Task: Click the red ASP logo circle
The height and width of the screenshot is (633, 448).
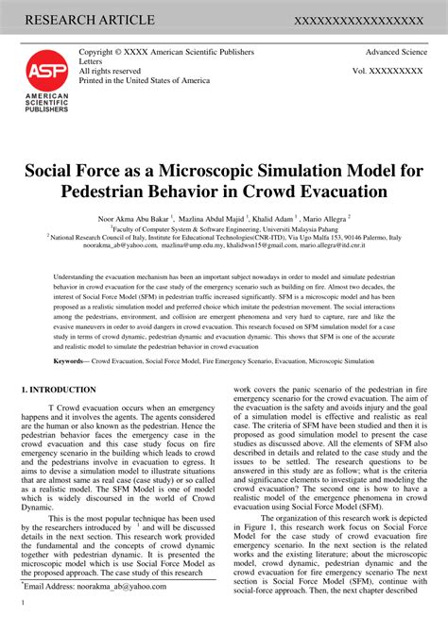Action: [x=46, y=72]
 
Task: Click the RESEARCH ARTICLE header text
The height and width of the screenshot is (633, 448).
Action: [x=90, y=19]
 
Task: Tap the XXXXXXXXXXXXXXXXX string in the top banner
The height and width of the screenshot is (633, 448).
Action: [x=358, y=20]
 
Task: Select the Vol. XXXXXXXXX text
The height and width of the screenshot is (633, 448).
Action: [x=388, y=71]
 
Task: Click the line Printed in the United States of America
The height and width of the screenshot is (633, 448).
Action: [x=144, y=80]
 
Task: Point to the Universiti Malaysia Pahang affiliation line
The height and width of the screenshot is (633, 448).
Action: [x=223, y=227]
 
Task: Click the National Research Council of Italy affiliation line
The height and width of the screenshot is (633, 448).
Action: [x=224, y=237]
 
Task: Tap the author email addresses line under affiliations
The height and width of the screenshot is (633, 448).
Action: [x=223, y=246]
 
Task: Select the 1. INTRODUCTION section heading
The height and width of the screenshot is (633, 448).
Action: [x=59, y=390]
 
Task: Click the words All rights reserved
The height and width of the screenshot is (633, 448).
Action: [x=110, y=71]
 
